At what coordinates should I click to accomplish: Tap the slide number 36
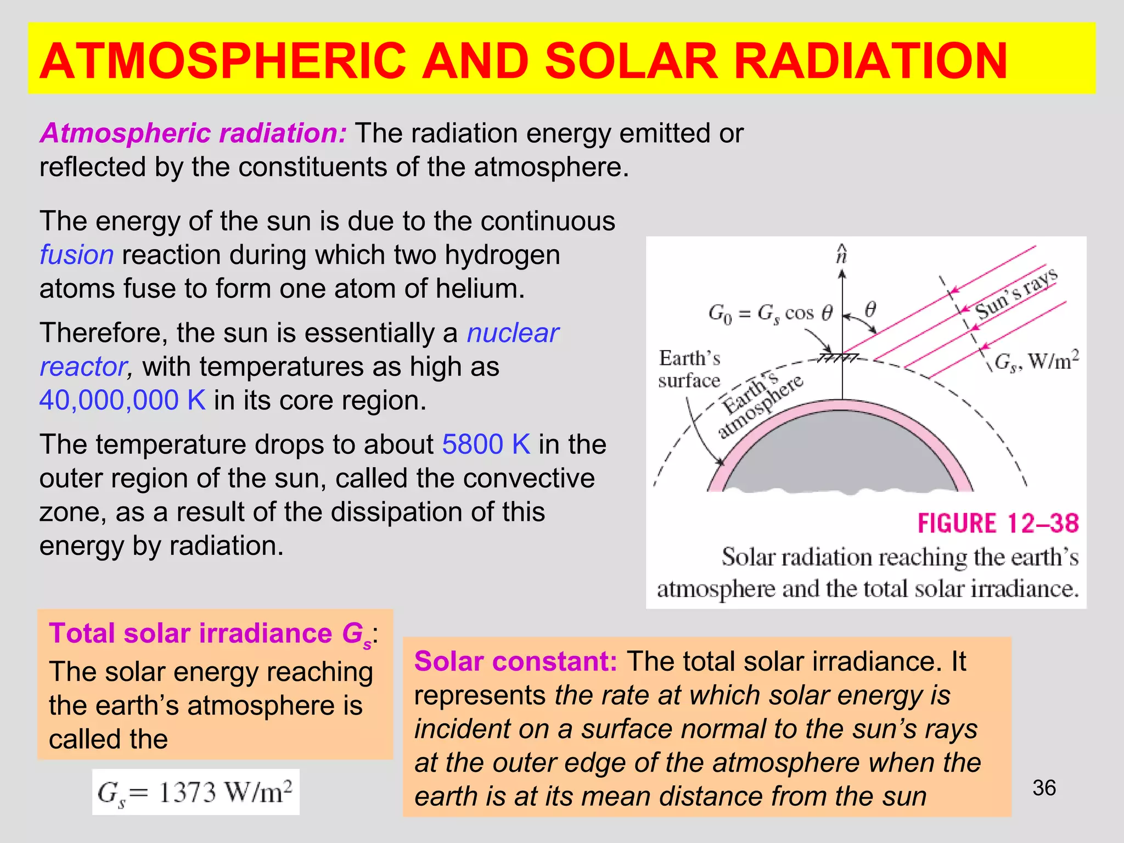[1044, 788]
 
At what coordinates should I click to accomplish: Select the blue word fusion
[76, 255]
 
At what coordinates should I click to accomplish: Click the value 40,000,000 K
[122, 400]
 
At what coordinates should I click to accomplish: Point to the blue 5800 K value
[486, 445]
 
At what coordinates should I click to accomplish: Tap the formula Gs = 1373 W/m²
[195, 793]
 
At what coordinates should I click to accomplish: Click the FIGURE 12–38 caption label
[998, 523]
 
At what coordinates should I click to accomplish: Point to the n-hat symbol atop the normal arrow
[841, 255]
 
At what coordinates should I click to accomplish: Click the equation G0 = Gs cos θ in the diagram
[770, 314]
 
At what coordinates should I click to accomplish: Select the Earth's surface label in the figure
[689, 369]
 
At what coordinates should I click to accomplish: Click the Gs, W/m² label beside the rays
[1036, 361]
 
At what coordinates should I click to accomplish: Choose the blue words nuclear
[513, 333]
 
